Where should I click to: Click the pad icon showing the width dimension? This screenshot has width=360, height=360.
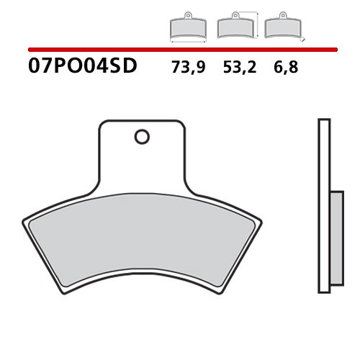[187, 27]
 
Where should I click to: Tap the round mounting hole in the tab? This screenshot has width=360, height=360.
[143, 135]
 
